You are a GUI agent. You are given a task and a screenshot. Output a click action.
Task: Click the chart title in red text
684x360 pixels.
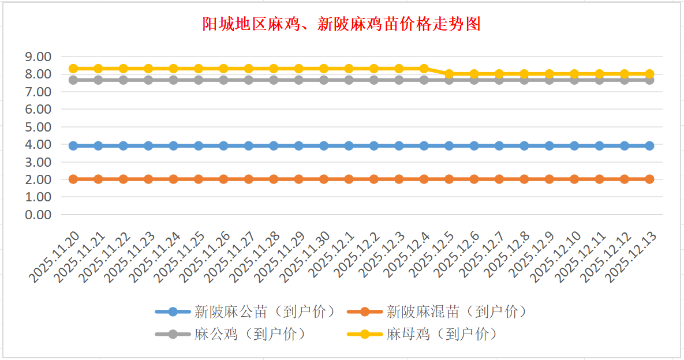click(342, 25)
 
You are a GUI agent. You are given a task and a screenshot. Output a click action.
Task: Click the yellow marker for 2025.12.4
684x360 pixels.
click(424, 69)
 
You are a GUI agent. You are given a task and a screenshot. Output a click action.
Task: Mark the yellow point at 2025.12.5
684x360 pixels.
click(449, 74)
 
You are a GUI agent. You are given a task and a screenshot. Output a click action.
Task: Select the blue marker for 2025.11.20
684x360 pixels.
click(73, 146)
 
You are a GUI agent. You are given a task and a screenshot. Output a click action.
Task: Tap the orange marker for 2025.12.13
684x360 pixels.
click(649, 179)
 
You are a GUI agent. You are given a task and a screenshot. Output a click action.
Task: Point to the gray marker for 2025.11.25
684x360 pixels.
click(199, 80)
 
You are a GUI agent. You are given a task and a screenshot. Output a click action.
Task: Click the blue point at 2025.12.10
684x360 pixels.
click(574, 146)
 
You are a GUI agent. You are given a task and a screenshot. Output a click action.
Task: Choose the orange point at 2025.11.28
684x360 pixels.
click(274, 179)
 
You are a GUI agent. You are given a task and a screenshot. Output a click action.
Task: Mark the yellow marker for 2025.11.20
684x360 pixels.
click(73, 69)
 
